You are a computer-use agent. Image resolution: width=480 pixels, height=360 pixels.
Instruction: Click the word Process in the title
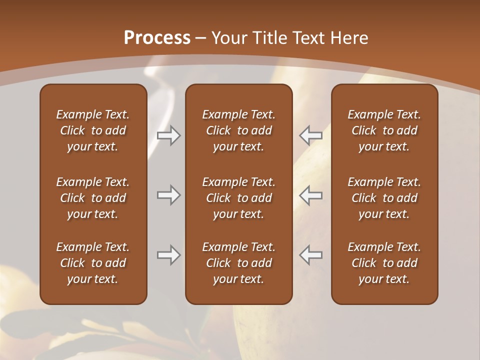point(157,38)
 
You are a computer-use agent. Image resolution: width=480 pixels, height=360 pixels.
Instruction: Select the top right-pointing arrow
point(168,135)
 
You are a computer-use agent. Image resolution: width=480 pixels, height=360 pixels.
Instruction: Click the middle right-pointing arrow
point(168,195)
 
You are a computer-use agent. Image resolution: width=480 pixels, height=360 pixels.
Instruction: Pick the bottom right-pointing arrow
point(168,255)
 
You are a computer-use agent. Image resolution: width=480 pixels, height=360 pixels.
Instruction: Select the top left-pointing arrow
point(311,135)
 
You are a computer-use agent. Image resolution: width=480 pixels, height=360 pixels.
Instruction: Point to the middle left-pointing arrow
point(311,195)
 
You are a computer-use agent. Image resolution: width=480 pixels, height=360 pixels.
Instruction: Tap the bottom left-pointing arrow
point(311,255)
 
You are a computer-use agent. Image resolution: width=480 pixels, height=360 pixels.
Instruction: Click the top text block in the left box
point(93,130)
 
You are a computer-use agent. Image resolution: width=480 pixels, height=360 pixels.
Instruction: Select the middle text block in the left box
point(93,198)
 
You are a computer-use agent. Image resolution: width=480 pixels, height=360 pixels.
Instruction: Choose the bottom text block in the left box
point(93,263)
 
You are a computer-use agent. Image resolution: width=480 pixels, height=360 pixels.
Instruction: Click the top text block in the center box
point(238,130)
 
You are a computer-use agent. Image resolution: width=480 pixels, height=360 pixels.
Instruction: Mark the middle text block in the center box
point(238,198)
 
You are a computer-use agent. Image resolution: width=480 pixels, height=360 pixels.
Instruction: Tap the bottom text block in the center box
point(238,263)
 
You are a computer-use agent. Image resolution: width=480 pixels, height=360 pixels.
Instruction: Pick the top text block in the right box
point(384,130)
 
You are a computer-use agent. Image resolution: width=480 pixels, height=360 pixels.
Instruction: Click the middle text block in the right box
point(384,198)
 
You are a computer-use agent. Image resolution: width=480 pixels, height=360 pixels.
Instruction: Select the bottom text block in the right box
point(384,263)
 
